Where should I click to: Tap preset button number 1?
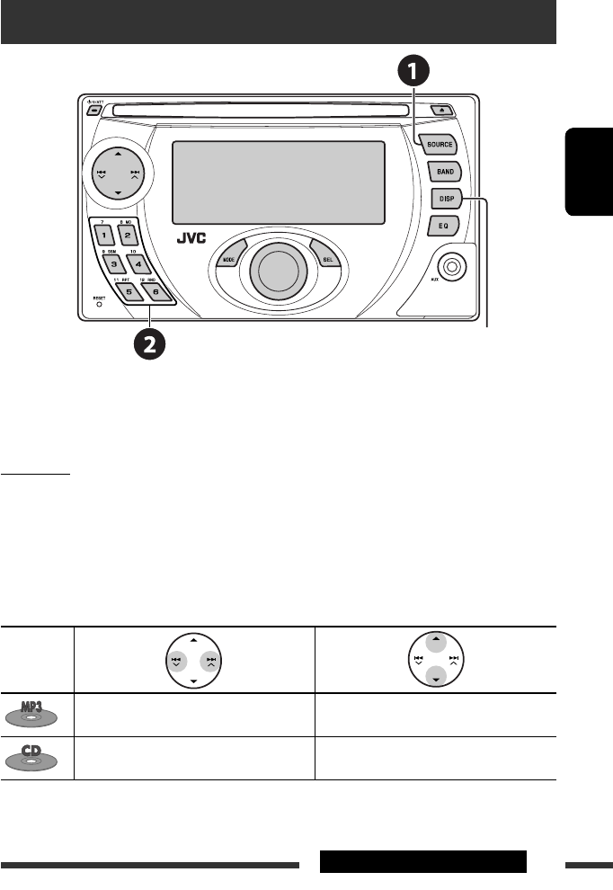pos(103,236)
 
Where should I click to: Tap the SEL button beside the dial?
pos(327,258)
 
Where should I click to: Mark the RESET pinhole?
pos(99,304)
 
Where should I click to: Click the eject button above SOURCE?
pos(443,110)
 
